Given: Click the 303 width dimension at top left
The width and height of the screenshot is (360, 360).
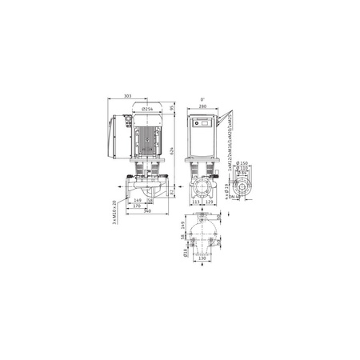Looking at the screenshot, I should tap(129, 97).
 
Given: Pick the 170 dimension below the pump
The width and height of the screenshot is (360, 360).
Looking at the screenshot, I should tap(137, 206).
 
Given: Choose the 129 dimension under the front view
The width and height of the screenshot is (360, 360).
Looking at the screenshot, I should tap(210, 203).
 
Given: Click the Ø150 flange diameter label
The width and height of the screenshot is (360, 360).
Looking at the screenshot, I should tap(244, 163).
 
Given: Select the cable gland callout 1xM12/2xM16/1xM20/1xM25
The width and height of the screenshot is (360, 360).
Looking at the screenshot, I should tap(230, 137).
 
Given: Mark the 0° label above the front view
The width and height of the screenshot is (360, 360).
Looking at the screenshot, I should tap(203, 98).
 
